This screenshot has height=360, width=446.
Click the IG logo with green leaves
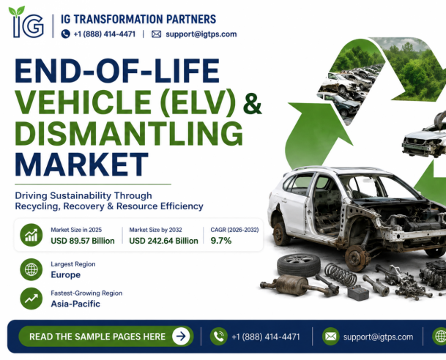pyautogui.click(x=26, y=22)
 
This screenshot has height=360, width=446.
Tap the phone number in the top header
pyautogui.click(x=105, y=34)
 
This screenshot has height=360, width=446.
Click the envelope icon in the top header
pyautogui.click(x=156, y=34)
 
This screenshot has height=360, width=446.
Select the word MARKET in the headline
pyautogui.click(x=81, y=165)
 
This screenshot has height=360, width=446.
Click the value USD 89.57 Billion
pyautogui.click(x=83, y=241)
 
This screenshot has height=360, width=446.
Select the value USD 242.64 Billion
pyautogui.click(x=163, y=241)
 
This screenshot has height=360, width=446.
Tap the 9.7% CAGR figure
pyautogui.click(x=221, y=241)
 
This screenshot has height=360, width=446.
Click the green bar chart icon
pyautogui.click(x=31, y=235)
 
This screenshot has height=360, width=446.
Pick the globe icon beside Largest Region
pyautogui.click(x=31, y=269)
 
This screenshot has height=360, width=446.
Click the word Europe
pyautogui.click(x=65, y=275)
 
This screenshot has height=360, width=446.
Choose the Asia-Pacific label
pyautogui.click(x=75, y=304)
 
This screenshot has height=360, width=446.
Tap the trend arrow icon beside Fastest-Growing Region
pyautogui.click(x=31, y=299)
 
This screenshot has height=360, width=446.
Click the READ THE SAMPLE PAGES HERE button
pyautogui.click(x=106, y=337)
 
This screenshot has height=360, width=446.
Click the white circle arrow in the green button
pyautogui.click(x=181, y=337)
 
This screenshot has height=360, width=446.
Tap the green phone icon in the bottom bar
pyautogui.click(x=218, y=337)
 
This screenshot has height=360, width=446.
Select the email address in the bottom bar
pyautogui.click(x=378, y=337)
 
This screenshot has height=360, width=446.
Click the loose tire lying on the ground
pyautogui.click(x=299, y=265)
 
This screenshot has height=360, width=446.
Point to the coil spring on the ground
pyautogui.click(x=341, y=274)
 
